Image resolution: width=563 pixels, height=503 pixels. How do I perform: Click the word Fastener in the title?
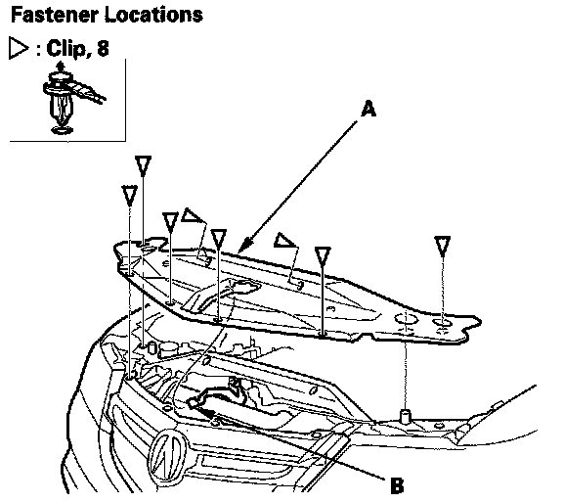[55, 15]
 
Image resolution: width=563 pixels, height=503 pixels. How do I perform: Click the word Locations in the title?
[154, 15]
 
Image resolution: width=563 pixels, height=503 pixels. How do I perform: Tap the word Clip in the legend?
[66, 49]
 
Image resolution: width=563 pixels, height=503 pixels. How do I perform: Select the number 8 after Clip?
[103, 48]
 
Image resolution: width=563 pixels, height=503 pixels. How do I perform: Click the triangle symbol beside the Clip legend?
[19, 48]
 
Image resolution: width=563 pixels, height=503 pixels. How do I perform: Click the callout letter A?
[368, 109]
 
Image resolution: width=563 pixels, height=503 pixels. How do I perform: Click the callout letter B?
[397, 485]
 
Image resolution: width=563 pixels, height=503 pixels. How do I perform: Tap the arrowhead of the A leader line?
[242, 246]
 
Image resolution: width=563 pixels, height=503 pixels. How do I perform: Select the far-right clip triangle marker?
[442, 246]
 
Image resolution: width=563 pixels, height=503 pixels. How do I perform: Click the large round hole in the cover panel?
[406, 319]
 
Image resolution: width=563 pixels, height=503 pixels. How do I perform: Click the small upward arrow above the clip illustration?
[61, 67]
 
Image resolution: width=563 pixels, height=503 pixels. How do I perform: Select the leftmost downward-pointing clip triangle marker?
[129, 196]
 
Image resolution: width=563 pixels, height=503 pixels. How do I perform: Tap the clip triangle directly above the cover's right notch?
[323, 256]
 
